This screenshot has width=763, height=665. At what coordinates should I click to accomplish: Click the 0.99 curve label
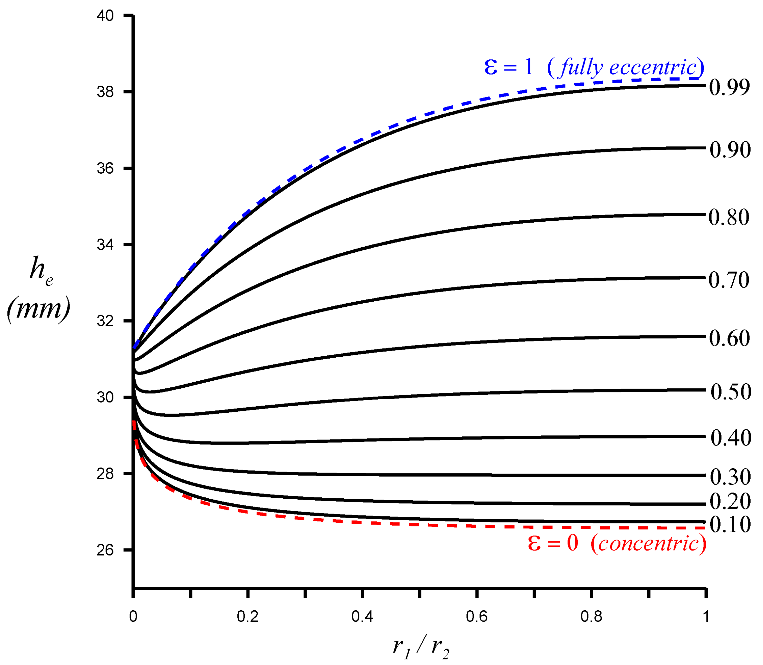[x=729, y=88]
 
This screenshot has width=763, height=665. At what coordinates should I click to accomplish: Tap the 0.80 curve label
[x=729, y=217]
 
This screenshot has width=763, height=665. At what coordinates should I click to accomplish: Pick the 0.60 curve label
[x=729, y=338]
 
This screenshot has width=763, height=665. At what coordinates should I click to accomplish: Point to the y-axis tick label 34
[x=105, y=245]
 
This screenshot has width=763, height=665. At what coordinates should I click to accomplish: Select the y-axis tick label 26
[x=105, y=550]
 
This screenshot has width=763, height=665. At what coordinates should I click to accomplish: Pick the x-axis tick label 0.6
[x=477, y=616]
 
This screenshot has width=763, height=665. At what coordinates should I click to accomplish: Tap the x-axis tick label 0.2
[x=248, y=616]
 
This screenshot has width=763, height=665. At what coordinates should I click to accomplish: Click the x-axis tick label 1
[x=705, y=616]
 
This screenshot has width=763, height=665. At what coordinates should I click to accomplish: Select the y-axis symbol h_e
[x=41, y=270]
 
